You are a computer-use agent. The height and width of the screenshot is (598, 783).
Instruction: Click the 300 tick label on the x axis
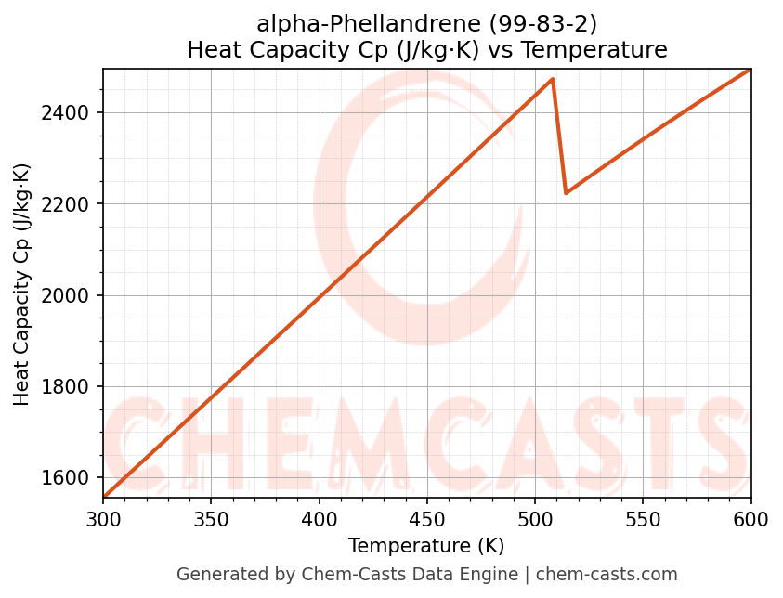(x=103, y=519)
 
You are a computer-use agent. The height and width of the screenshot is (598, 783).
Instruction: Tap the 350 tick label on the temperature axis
(x=211, y=519)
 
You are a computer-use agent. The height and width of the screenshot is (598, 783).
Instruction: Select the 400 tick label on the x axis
(x=319, y=519)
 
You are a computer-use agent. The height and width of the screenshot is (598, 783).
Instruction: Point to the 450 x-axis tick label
(x=426, y=519)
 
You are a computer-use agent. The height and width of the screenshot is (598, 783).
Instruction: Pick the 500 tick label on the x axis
(x=535, y=519)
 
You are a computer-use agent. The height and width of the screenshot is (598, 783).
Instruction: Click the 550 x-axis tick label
(x=643, y=519)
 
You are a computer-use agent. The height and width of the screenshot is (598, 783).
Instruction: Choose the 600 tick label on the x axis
(x=750, y=519)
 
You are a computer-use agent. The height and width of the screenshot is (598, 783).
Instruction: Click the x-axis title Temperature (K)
(x=426, y=546)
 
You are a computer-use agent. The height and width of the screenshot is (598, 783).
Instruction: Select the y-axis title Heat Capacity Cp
(x=22, y=283)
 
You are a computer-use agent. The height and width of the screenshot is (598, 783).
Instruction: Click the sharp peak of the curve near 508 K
(x=553, y=79)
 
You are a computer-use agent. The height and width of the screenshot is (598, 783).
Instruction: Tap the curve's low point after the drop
(x=566, y=193)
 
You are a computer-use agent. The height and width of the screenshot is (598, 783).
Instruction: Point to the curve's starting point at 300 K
(x=104, y=497)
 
